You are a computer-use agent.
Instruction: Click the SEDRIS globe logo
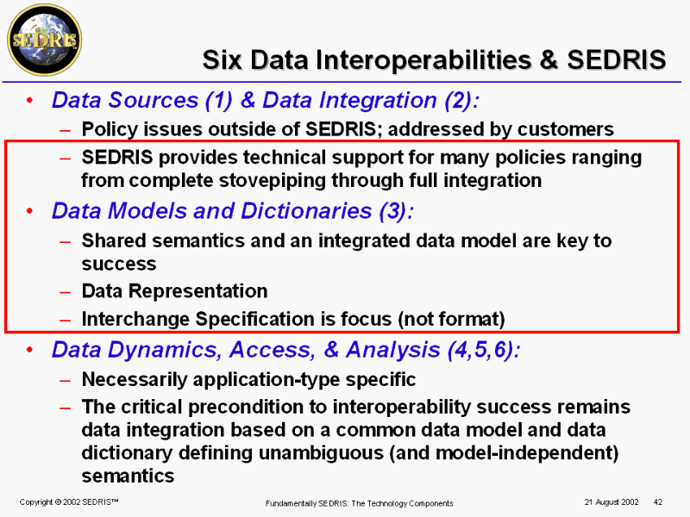[45, 40]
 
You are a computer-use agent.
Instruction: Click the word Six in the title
[223, 59]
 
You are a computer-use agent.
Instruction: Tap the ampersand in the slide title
[549, 59]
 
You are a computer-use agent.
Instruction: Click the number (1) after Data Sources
[219, 100]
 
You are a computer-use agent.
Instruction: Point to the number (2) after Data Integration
[458, 100]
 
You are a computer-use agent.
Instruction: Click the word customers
[566, 129]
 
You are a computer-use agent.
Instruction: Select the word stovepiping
[272, 181]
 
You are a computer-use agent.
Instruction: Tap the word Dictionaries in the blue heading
[306, 211]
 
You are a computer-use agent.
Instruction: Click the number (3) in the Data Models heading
[393, 211]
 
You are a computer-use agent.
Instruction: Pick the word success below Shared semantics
[119, 264]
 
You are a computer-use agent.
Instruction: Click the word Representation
[198, 291]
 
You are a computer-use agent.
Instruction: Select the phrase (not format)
[451, 319]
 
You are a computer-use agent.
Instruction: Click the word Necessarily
[135, 380]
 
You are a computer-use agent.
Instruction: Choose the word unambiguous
[321, 453]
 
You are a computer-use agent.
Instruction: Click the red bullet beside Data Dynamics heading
[29, 350]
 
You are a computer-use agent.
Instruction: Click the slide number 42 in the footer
[658, 502]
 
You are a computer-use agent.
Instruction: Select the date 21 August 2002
[612, 502]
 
